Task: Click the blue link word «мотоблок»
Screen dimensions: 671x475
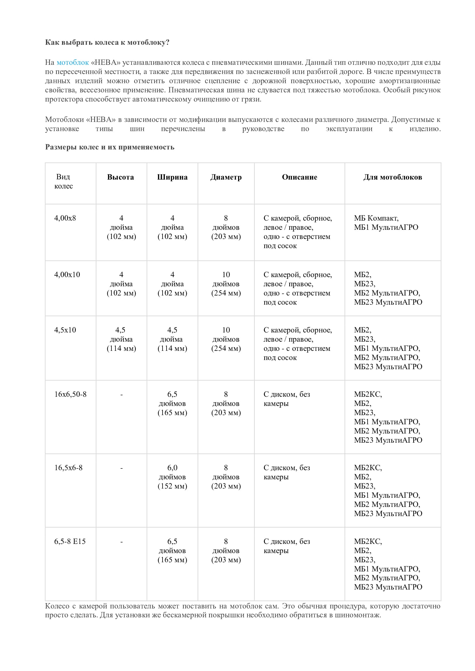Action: (x=73, y=63)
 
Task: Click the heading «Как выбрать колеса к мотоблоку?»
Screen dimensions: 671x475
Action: (x=107, y=42)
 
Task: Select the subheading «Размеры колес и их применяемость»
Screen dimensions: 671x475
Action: (x=110, y=147)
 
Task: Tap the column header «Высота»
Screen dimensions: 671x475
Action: (x=121, y=177)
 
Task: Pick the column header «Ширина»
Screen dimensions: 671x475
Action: (x=172, y=177)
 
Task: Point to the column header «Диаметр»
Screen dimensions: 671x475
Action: (x=226, y=177)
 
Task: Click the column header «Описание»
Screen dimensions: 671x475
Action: (x=300, y=177)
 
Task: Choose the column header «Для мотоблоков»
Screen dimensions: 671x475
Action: (x=393, y=177)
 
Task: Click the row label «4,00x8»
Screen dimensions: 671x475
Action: (x=65, y=218)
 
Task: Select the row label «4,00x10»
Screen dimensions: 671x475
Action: (x=67, y=275)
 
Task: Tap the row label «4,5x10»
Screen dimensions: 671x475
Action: (x=65, y=330)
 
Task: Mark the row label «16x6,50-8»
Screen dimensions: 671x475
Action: (x=70, y=394)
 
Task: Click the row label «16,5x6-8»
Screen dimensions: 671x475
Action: (x=68, y=468)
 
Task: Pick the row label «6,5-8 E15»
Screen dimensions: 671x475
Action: (x=70, y=541)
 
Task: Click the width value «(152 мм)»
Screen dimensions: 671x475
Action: (x=172, y=486)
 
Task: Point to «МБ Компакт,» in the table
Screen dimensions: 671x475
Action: (x=376, y=218)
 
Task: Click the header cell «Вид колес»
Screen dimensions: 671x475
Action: (x=63, y=181)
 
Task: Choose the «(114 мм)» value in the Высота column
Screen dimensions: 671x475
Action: (x=121, y=348)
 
